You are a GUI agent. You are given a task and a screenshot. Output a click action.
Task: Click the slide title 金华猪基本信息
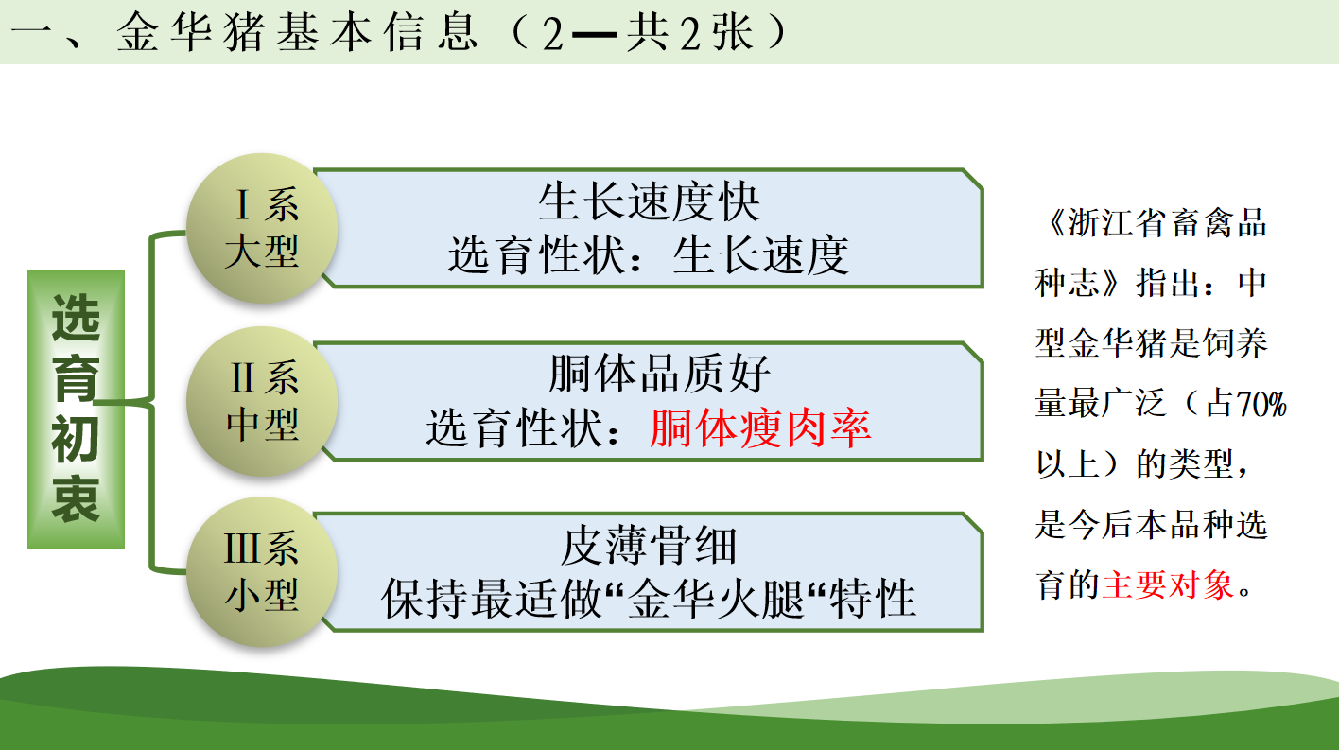(x=298, y=32)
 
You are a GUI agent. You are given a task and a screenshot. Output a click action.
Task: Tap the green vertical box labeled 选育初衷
(x=76, y=409)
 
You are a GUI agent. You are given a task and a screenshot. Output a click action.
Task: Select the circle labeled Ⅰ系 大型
(x=262, y=228)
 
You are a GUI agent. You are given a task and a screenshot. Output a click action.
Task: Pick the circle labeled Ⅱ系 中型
(x=262, y=401)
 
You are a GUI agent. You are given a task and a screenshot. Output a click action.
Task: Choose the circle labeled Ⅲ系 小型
(x=262, y=572)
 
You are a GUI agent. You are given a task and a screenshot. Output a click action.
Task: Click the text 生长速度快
(x=650, y=202)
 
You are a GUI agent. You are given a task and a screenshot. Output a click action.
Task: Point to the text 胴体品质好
(x=659, y=374)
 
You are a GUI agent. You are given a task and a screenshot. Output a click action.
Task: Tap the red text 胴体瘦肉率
(x=760, y=428)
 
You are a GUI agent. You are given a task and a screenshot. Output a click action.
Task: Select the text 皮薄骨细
(x=649, y=545)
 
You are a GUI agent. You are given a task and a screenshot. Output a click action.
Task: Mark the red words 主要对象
(x=1168, y=584)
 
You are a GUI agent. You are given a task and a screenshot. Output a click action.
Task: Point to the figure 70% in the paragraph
(x=1261, y=404)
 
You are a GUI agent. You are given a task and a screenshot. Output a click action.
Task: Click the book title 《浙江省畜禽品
(x=1156, y=223)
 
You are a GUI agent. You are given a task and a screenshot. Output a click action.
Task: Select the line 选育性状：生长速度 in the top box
(x=649, y=255)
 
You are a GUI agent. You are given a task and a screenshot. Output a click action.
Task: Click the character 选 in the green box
(x=76, y=318)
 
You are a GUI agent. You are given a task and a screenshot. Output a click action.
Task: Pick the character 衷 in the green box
(x=76, y=498)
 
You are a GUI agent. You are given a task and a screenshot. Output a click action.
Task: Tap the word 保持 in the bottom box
(x=425, y=599)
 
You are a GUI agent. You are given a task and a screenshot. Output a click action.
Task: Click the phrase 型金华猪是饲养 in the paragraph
(x=1152, y=343)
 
